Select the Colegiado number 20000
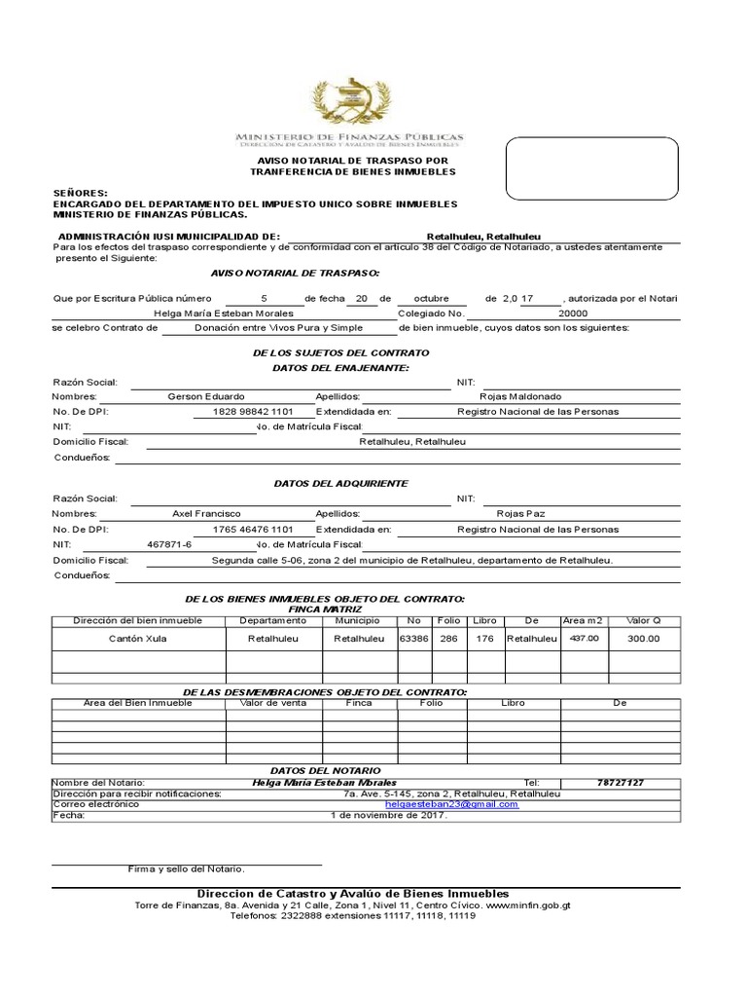pos(573,314)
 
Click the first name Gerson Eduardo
pos(206,396)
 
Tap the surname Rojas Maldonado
pos(520,396)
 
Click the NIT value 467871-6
pos(169,544)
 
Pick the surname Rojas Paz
pos(521,513)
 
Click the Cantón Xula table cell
pos(137,639)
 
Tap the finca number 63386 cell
pos(413,639)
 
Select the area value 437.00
pos(584,639)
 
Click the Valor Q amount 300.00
pos(642,639)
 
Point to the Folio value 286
pos(448,639)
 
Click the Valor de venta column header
pos(267,702)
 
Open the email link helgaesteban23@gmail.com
pos(451,805)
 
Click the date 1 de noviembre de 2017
pos(389,816)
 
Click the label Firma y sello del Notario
pos(187,868)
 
